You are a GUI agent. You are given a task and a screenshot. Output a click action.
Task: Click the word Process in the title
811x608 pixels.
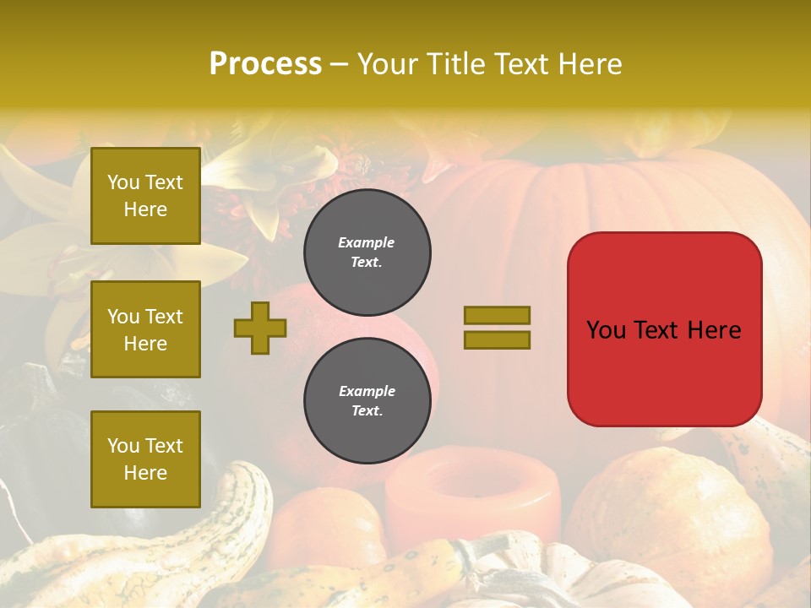tap(265, 64)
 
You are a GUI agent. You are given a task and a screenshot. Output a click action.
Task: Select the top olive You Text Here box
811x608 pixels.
tap(145, 196)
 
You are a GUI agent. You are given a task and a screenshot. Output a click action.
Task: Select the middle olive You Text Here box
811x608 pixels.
tap(145, 329)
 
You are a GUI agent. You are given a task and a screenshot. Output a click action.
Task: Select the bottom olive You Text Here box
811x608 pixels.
tap(145, 459)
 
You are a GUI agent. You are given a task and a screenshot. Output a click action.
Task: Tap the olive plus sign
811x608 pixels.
tap(260, 328)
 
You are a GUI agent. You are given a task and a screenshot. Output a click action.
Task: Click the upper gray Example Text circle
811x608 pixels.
tap(367, 252)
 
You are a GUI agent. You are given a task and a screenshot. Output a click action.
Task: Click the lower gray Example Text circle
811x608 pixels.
tap(367, 401)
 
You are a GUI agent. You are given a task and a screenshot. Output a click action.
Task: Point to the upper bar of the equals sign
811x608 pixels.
tap(497, 315)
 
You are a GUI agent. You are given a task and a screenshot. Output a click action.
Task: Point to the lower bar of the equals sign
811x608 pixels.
tap(497, 339)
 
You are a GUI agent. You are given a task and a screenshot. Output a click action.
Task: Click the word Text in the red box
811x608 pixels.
tap(657, 330)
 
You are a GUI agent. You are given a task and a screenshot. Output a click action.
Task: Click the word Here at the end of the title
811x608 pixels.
tap(590, 64)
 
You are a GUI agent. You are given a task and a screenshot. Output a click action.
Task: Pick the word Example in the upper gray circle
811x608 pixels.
tap(367, 242)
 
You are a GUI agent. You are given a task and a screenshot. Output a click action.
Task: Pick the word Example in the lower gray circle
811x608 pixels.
tap(367, 391)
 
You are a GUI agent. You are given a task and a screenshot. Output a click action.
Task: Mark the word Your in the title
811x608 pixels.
tap(385, 64)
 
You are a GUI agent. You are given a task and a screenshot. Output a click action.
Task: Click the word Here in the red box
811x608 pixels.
tap(714, 330)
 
